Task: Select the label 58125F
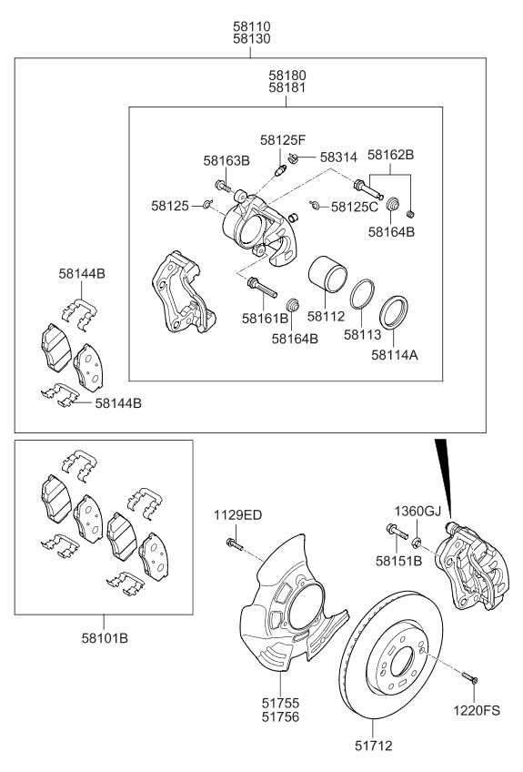click(x=283, y=140)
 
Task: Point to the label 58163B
click(x=226, y=161)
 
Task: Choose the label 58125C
click(x=355, y=207)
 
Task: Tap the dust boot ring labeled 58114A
click(x=394, y=313)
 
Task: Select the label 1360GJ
click(x=416, y=512)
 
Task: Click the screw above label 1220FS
click(x=468, y=678)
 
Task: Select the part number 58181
click(x=287, y=88)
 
